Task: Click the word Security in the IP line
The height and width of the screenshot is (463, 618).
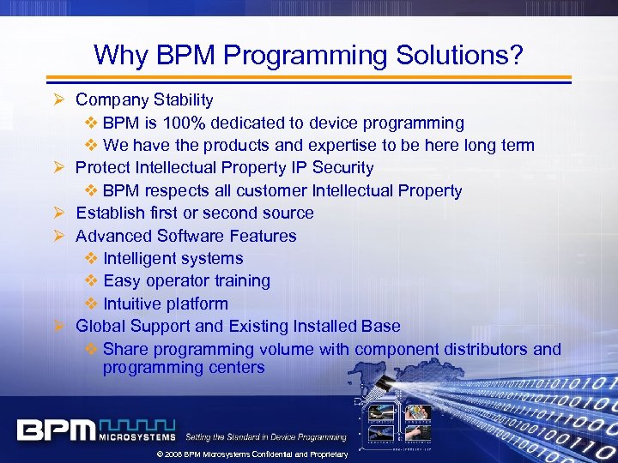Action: [x=343, y=168]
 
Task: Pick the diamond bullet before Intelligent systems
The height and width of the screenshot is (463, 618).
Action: [x=92, y=259]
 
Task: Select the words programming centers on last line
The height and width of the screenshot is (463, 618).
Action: [x=184, y=368]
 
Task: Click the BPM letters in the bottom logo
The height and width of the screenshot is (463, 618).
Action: [x=57, y=429]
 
